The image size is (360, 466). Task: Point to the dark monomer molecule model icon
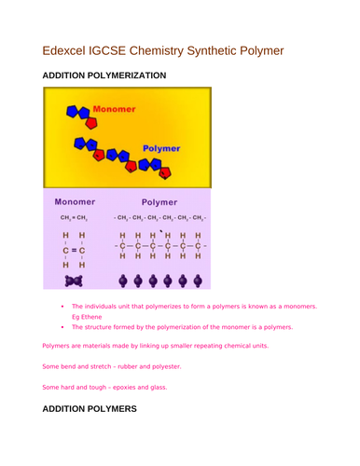pyautogui.click(x=74, y=280)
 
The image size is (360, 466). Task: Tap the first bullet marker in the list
pyautogui.click(x=61, y=305)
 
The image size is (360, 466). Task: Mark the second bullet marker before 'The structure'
pyautogui.click(x=61, y=327)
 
